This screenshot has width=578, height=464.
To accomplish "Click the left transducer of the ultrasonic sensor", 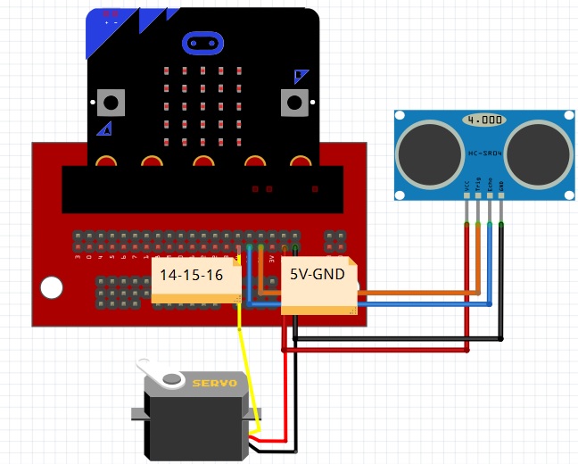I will pos(427,149).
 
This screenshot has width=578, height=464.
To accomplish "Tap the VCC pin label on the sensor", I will pos(467,186).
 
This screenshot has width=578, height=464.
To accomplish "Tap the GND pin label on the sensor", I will pos(501,186).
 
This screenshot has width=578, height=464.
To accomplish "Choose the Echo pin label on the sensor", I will pos(490,186).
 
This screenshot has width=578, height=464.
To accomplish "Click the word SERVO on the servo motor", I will pos(214,384).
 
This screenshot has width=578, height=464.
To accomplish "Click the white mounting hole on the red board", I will pos(52,288).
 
